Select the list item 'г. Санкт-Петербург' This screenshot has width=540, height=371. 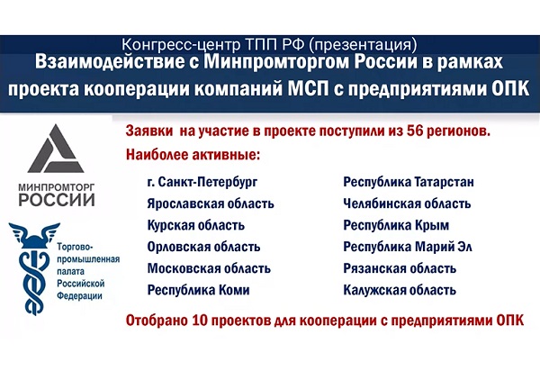[202, 182]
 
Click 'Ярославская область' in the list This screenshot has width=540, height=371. [211, 204]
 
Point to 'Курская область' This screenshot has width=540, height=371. [195, 225]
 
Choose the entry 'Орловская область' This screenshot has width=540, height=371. [203, 247]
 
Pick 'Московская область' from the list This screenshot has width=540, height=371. [209, 268]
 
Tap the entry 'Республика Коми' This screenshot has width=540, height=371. [198, 290]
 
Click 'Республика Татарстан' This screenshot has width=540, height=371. [409, 182]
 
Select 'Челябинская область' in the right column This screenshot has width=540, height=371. [407, 204]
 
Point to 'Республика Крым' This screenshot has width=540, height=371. [396, 225]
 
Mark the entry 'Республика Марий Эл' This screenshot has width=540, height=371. [408, 247]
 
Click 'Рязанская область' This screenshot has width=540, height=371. [400, 268]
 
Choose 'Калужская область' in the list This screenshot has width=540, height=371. [400, 290]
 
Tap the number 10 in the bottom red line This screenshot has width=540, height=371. [198, 321]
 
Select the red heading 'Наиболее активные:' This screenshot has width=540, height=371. [193, 155]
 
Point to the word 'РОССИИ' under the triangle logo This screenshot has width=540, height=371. [57, 200]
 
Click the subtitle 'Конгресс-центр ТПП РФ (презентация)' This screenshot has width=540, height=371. [269, 44]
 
